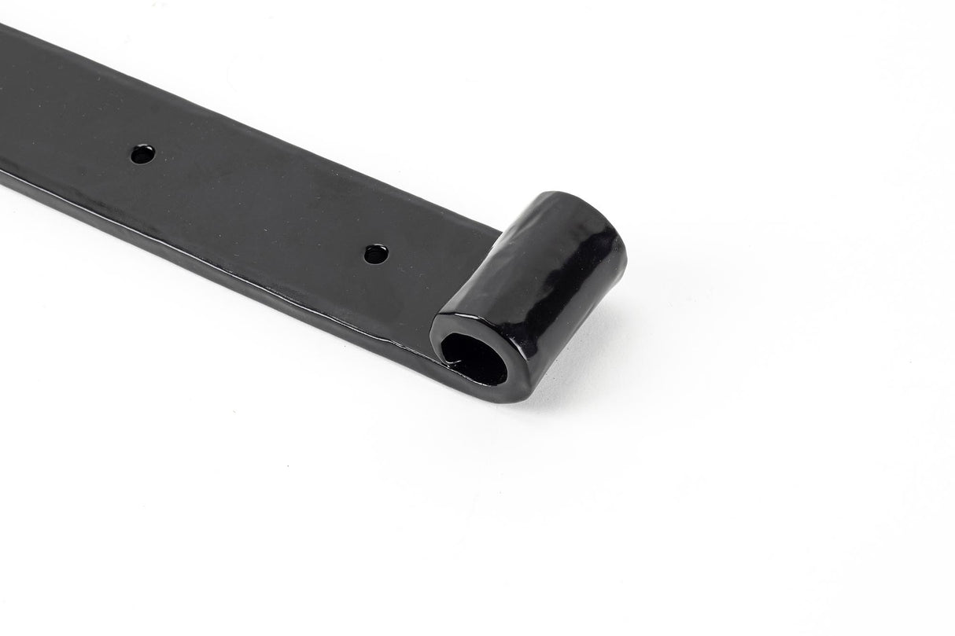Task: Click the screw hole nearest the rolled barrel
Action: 376,254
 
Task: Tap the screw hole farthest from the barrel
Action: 142,153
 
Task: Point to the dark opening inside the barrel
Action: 474,358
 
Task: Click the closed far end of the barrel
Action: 598,228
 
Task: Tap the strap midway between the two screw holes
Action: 260,204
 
